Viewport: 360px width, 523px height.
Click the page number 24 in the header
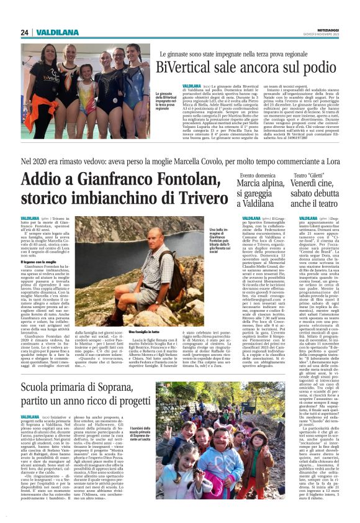pyautogui.click(x=25, y=32)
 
